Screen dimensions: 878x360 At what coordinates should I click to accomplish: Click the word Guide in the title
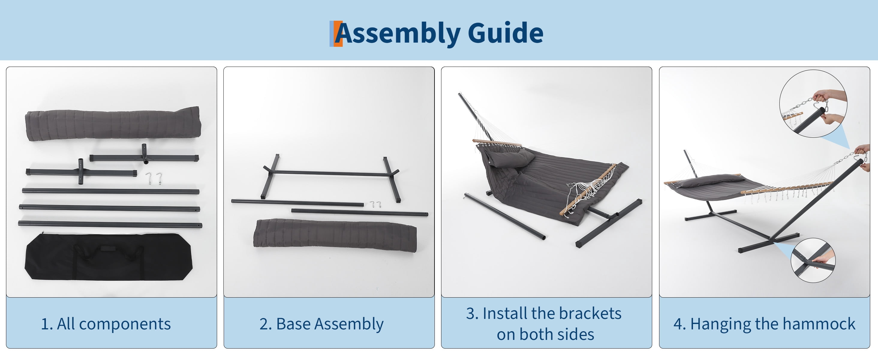(506, 33)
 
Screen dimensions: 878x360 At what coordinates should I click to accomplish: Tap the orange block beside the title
(337, 34)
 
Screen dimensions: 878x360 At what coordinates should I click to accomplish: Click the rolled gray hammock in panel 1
(113, 124)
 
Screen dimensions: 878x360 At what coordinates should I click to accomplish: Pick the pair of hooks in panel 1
(154, 178)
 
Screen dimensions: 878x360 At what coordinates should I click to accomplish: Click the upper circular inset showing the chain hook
(813, 103)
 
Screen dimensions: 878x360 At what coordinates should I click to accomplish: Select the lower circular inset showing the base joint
(813, 260)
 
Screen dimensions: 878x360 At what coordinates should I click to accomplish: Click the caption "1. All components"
(106, 324)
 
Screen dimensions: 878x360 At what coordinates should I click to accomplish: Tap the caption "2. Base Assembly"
(321, 324)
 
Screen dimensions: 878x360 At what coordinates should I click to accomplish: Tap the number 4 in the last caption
(677, 324)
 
